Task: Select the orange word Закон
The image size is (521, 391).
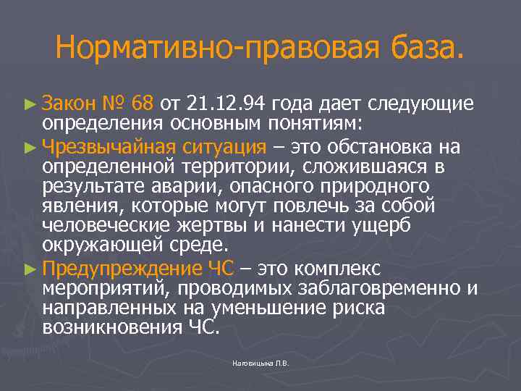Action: [69, 102]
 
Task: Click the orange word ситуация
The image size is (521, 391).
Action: [228, 148]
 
